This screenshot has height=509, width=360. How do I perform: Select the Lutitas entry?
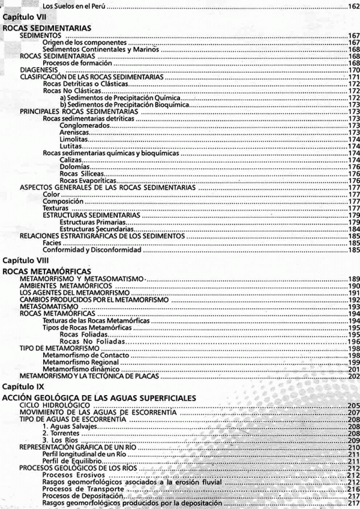71,146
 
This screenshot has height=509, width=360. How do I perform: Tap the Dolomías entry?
74,166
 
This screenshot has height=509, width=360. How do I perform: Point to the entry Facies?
52,243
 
